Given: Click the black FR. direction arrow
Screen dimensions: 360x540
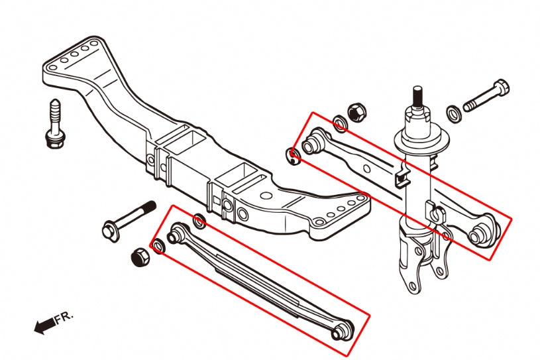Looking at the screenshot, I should point(44,326).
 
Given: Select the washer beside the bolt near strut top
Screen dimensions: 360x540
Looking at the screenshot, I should point(454,113).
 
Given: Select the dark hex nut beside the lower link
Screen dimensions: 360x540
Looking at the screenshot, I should point(140,257).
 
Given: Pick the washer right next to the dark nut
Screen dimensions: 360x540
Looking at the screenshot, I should point(159,248).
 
